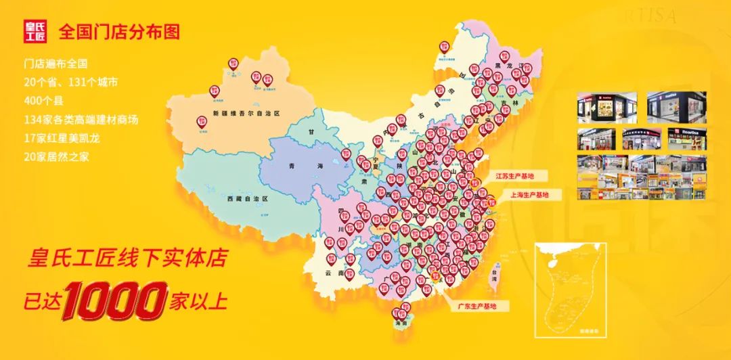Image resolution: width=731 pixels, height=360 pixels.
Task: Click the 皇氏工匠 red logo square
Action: (35, 31)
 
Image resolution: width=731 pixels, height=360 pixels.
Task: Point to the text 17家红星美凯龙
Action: (60, 138)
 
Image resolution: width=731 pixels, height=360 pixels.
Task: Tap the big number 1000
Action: (115, 300)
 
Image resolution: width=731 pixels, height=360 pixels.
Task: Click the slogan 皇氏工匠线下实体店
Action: (127, 258)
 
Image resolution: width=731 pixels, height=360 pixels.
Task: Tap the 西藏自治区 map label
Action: (248, 198)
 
